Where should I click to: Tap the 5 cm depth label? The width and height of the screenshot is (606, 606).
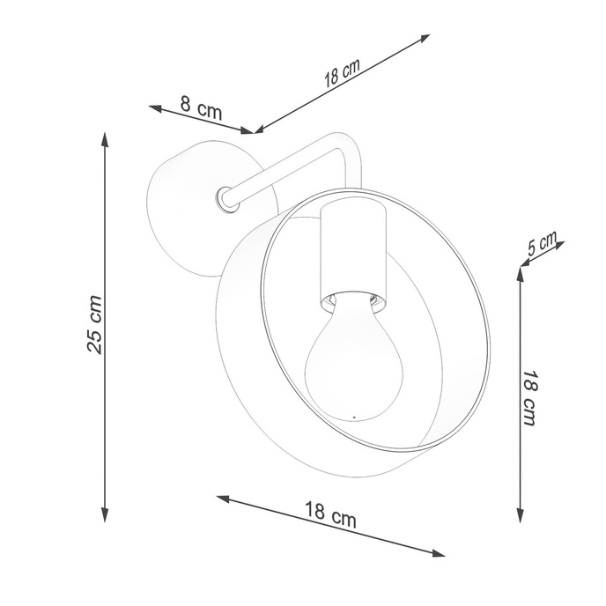tap(542, 245)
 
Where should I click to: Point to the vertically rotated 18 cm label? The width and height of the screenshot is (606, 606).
tap(529, 397)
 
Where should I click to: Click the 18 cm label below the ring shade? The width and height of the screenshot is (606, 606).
tap(331, 514)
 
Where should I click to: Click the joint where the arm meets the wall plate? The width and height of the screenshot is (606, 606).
tap(227, 198)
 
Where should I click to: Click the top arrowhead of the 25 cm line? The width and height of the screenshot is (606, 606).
tap(105, 137)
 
